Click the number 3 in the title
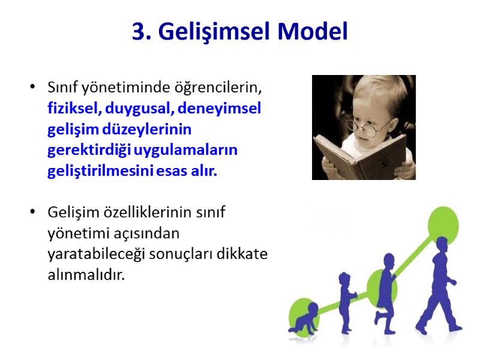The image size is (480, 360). coord(138,32)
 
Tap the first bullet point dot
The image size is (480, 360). coord(32,88)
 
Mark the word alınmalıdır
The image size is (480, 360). coord(87,275)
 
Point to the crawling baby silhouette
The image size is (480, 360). coord(303,320)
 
